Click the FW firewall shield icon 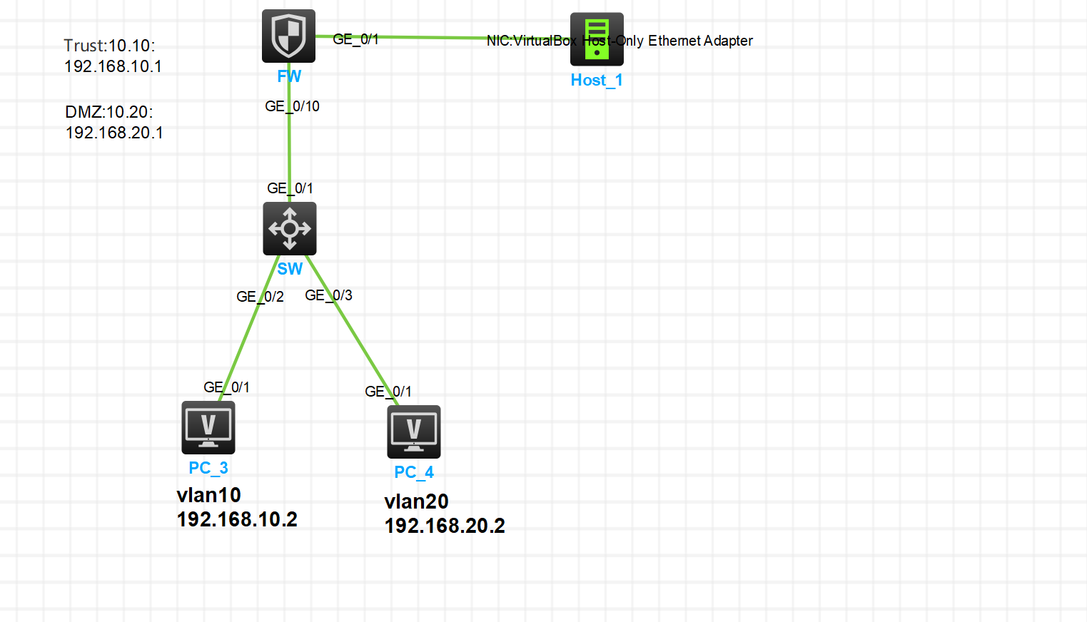click(x=288, y=36)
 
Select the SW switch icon click(x=289, y=228)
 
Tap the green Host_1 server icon click(x=597, y=39)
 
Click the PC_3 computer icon click(x=208, y=427)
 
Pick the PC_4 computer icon click(x=413, y=432)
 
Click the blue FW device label click(x=289, y=76)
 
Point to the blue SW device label click(x=290, y=269)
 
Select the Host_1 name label click(x=597, y=80)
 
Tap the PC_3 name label click(x=208, y=468)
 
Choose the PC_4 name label click(x=414, y=472)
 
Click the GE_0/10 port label click(x=292, y=106)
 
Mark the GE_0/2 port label click(x=260, y=297)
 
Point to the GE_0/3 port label click(x=328, y=295)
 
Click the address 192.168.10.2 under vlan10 click(x=237, y=519)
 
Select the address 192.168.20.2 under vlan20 click(x=445, y=526)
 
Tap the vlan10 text click(x=208, y=495)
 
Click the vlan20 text click(x=416, y=501)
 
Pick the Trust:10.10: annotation click(x=109, y=46)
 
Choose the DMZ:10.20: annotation click(x=108, y=112)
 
